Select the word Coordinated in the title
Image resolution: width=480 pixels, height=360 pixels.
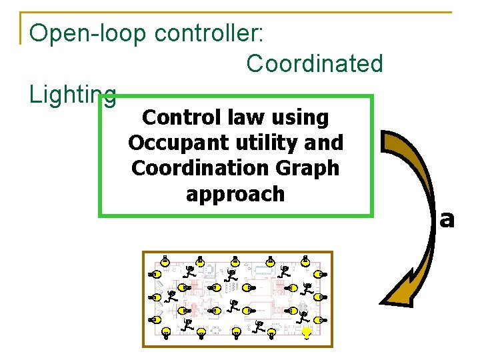pos(315,63)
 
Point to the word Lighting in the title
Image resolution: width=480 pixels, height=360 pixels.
pos(73,95)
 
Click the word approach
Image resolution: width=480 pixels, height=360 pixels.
pos(235,194)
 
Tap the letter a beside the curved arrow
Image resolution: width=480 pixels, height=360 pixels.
pos(447,218)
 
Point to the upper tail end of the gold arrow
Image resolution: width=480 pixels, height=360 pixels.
pos(392,141)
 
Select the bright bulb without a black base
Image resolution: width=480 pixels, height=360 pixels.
pos(306,333)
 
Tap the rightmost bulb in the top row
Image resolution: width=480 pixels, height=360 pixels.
pos(306,261)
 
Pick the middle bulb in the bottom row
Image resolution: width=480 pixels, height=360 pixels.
pos(237,333)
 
